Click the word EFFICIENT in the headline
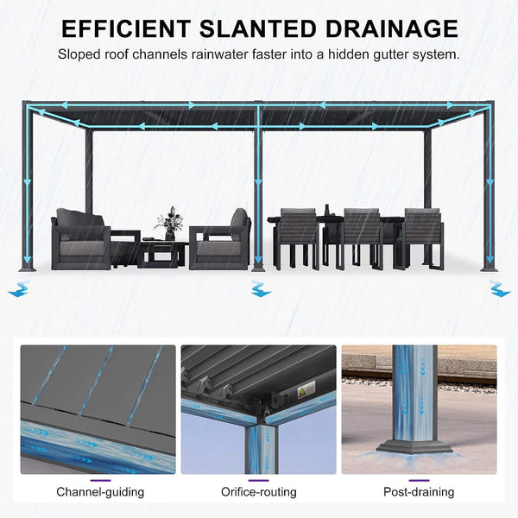126,28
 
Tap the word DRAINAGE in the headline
392,28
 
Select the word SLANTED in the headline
258,28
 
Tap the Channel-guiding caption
100,492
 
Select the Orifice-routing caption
259,492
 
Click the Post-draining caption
419,492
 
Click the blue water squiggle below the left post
19,288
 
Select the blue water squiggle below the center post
261,288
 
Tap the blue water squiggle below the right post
500,288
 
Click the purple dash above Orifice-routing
259,481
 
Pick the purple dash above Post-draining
419,481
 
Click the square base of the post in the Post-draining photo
414,447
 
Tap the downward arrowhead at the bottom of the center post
258,261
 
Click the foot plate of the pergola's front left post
28,268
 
